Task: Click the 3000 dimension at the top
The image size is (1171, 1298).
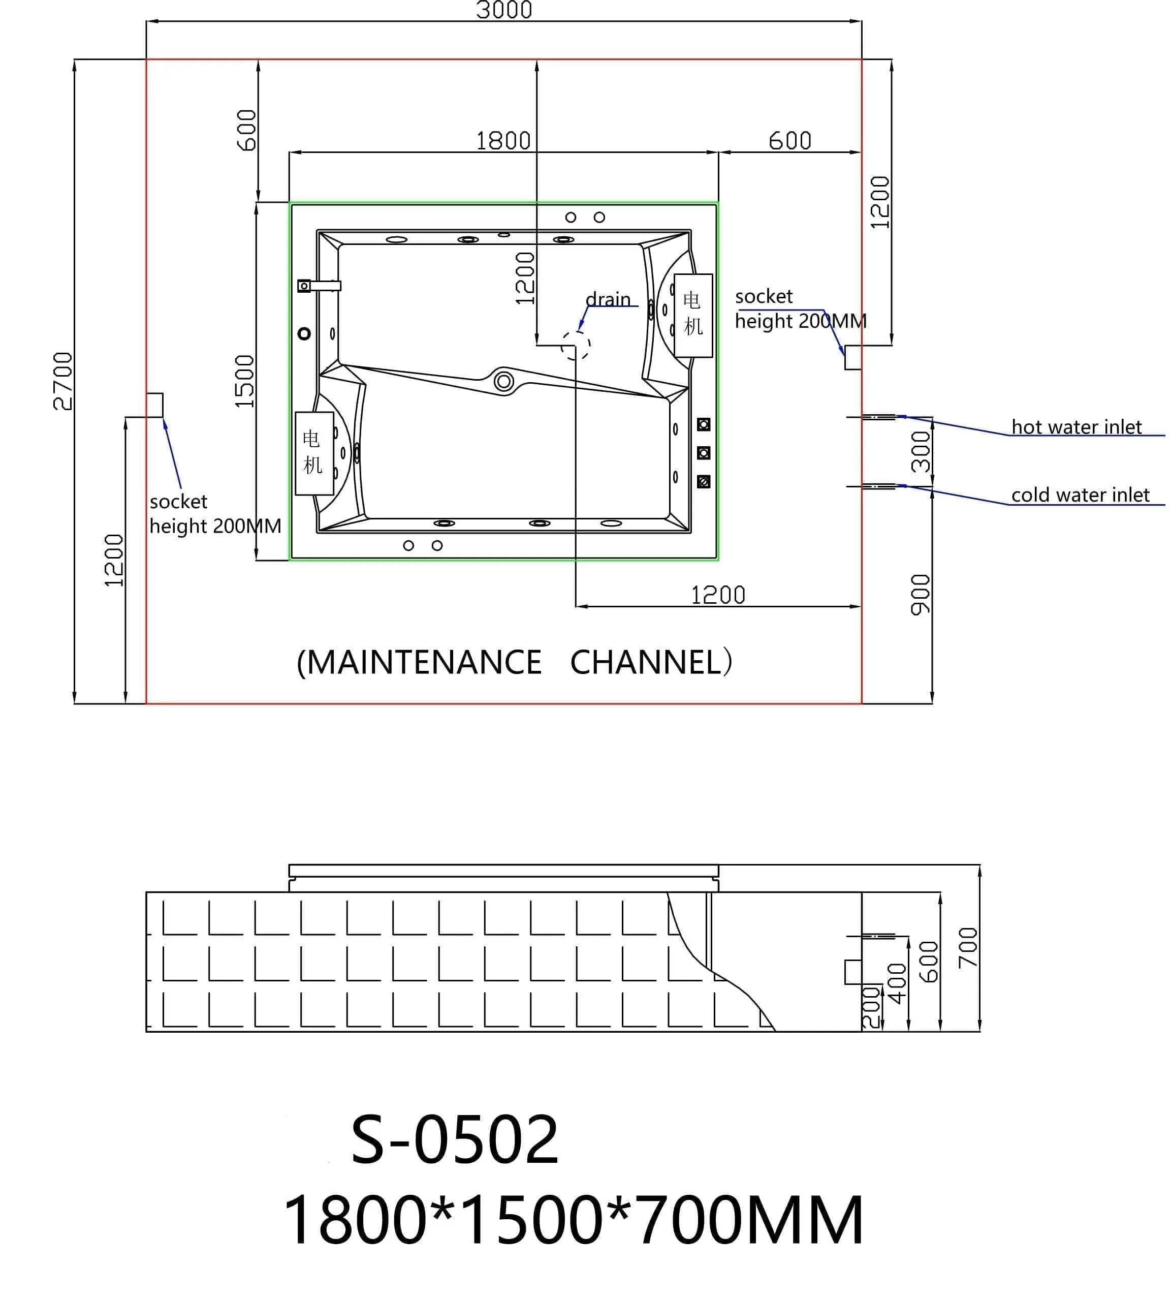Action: pyautogui.click(x=504, y=10)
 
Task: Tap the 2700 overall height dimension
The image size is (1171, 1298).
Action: pyautogui.click(x=62, y=381)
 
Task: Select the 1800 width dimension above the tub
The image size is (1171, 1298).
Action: pyautogui.click(x=503, y=141)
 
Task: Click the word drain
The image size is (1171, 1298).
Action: pyautogui.click(x=608, y=299)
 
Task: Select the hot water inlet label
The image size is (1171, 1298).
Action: pyautogui.click(x=1076, y=427)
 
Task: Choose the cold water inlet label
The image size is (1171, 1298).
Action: pyautogui.click(x=1080, y=495)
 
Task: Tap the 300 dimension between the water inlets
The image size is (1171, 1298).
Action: pyautogui.click(x=921, y=452)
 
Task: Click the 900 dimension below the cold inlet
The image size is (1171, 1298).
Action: pyautogui.click(x=921, y=594)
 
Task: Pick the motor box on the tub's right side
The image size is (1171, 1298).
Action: pyautogui.click(x=693, y=315)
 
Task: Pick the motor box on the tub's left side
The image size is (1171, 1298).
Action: pyautogui.click(x=314, y=453)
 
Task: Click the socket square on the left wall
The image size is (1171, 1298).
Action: pyautogui.click(x=154, y=405)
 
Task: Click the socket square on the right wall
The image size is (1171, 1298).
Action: pyautogui.click(x=852, y=357)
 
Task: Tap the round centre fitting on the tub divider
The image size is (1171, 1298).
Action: pyautogui.click(x=504, y=382)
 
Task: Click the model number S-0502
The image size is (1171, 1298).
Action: pyautogui.click(x=454, y=1140)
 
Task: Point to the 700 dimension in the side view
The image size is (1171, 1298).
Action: pyautogui.click(x=968, y=947)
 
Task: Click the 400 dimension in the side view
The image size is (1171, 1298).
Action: pyautogui.click(x=896, y=983)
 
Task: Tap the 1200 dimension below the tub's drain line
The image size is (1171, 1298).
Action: pyautogui.click(x=717, y=595)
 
